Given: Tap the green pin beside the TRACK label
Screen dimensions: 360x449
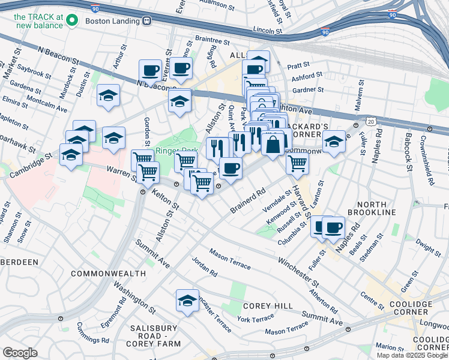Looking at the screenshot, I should (x=73, y=22).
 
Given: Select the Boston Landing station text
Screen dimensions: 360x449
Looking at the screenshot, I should (x=113, y=20).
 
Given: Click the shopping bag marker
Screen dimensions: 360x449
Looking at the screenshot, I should (x=273, y=145).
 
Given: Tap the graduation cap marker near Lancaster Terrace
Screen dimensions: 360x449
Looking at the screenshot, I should (x=188, y=301).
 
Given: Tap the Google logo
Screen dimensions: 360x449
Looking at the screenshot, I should (x=20, y=352).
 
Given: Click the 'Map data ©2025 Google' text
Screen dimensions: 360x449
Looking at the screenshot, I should (x=412, y=355).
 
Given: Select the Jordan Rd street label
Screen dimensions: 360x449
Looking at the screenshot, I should (x=204, y=267).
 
